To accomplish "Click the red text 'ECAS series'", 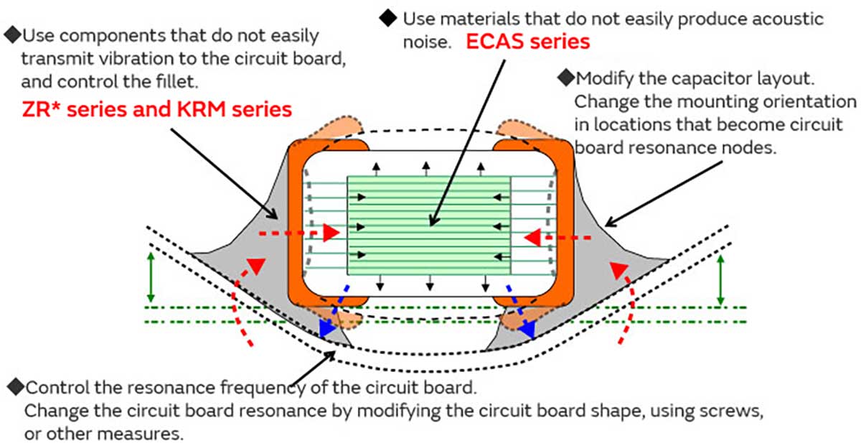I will pyautogui.click(x=527, y=42).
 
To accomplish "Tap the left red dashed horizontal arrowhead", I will pyautogui.click(x=330, y=233).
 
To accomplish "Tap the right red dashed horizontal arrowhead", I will pyautogui.click(x=532, y=236).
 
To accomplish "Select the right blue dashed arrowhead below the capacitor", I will pyautogui.click(x=528, y=329).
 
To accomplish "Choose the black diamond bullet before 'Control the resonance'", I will pyautogui.click(x=14, y=388).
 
